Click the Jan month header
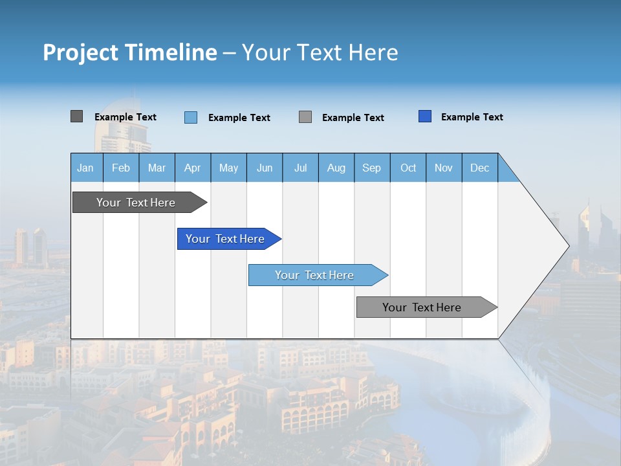pyautogui.click(x=86, y=168)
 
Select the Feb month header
pyautogui.click(x=121, y=168)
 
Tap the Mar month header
pyautogui.click(x=157, y=168)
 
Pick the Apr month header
pyautogui.click(x=193, y=168)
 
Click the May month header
pyautogui.click(x=228, y=168)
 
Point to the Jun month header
pyautogui.click(x=265, y=168)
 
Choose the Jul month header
pyautogui.click(x=300, y=168)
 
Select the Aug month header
pyautogui.click(x=336, y=168)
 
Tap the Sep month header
pyautogui.click(x=372, y=168)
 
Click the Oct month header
pyautogui.click(x=408, y=168)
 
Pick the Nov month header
pyautogui.click(x=444, y=168)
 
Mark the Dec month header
pyautogui.click(x=480, y=168)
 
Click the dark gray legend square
pyautogui.click(x=76, y=116)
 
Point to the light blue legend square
pyautogui.click(x=191, y=117)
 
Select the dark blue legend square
pyautogui.click(x=425, y=116)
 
